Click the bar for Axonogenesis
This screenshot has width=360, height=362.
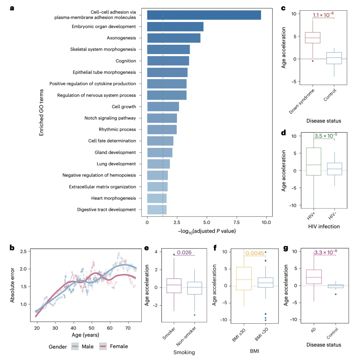click(x=174, y=38)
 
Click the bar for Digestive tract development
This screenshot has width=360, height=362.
click(x=157, y=210)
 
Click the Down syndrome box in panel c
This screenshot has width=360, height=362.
click(x=313, y=38)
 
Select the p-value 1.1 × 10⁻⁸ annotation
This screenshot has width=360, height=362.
click(x=323, y=15)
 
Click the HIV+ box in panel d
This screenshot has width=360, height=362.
click(x=313, y=161)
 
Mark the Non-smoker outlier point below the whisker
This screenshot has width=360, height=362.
click(x=194, y=315)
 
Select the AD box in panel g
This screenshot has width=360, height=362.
click(x=313, y=277)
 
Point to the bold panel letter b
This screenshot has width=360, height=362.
click(x=12, y=248)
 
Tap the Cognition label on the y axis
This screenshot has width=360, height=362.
click(x=126, y=61)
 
